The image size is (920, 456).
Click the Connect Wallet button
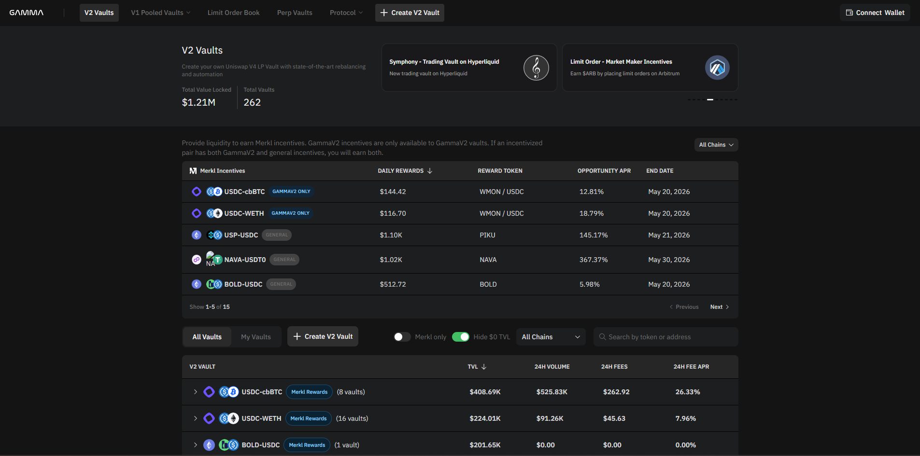(x=875, y=13)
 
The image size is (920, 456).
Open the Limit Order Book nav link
(x=233, y=13)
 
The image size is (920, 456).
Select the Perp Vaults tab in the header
(x=295, y=13)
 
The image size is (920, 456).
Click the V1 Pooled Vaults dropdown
(x=160, y=13)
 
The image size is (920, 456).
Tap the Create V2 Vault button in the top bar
(x=410, y=13)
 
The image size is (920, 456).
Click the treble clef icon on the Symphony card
(x=536, y=68)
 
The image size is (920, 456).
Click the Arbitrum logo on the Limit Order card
(x=717, y=68)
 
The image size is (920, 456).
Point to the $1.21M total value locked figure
(x=198, y=102)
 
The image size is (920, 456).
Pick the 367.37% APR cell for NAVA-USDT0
(x=594, y=260)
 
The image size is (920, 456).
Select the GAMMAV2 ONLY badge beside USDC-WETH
(x=290, y=213)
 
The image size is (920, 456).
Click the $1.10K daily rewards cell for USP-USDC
(x=391, y=235)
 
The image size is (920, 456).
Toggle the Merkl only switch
(x=402, y=337)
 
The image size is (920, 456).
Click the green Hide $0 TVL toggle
(x=460, y=337)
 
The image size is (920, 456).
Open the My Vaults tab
(x=256, y=337)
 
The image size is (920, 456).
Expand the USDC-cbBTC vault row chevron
(x=195, y=392)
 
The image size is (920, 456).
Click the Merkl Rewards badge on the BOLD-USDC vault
(x=307, y=445)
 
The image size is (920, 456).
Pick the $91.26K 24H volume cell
(x=550, y=418)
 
